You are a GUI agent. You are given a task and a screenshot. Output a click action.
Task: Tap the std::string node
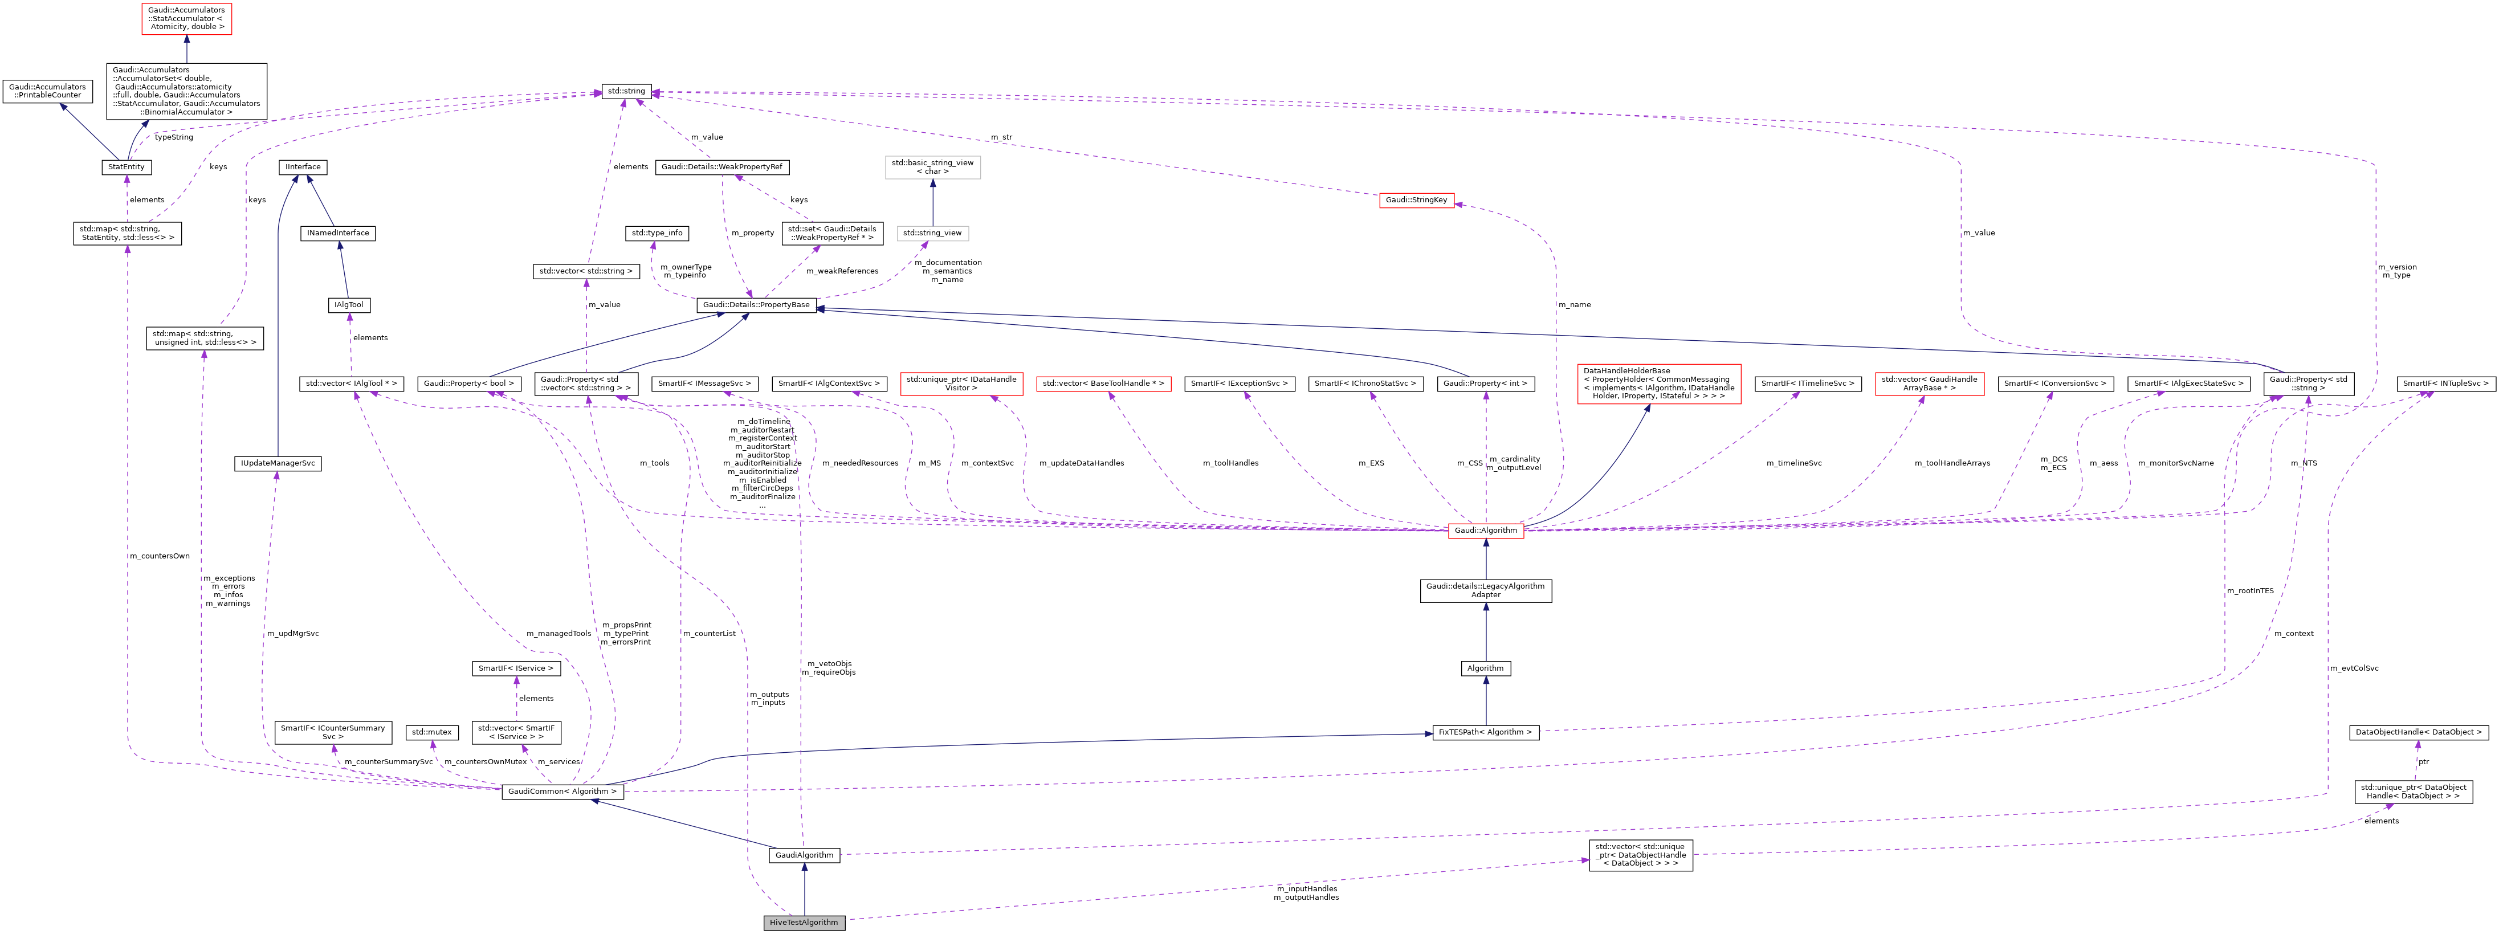pyautogui.click(x=626, y=91)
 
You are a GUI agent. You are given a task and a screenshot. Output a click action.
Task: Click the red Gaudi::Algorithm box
pyautogui.click(x=1485, y=531)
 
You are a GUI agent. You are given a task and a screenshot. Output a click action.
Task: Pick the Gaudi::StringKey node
pyautogui.click(x=1416, y=200)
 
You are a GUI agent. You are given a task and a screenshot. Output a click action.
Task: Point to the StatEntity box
pyautogui.click(x=126, y=167)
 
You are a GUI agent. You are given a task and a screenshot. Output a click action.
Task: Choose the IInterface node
pyautogui.click(x=303, y=167)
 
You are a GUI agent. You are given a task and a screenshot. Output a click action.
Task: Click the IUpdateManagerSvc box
pyautogui.click(x=278, y=464)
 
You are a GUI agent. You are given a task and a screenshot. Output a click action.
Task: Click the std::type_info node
pyautogui.click(x=657, y=233)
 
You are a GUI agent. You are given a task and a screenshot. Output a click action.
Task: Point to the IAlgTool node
pyautogui.click(x=348, y=304)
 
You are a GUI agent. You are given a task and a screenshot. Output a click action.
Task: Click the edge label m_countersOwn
pyautogui.click(x=159, y=556)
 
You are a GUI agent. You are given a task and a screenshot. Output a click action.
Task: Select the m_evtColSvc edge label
pyautogui.click(x=2354, y=668)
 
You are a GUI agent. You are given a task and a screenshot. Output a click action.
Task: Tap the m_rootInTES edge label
pyautogui.click(x=2250, y=591)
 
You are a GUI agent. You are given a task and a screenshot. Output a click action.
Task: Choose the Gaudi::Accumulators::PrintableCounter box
pyautogui.click(x=47, y=91)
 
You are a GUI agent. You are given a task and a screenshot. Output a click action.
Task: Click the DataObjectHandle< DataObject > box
pyautogui.click(x=2416, y=732)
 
